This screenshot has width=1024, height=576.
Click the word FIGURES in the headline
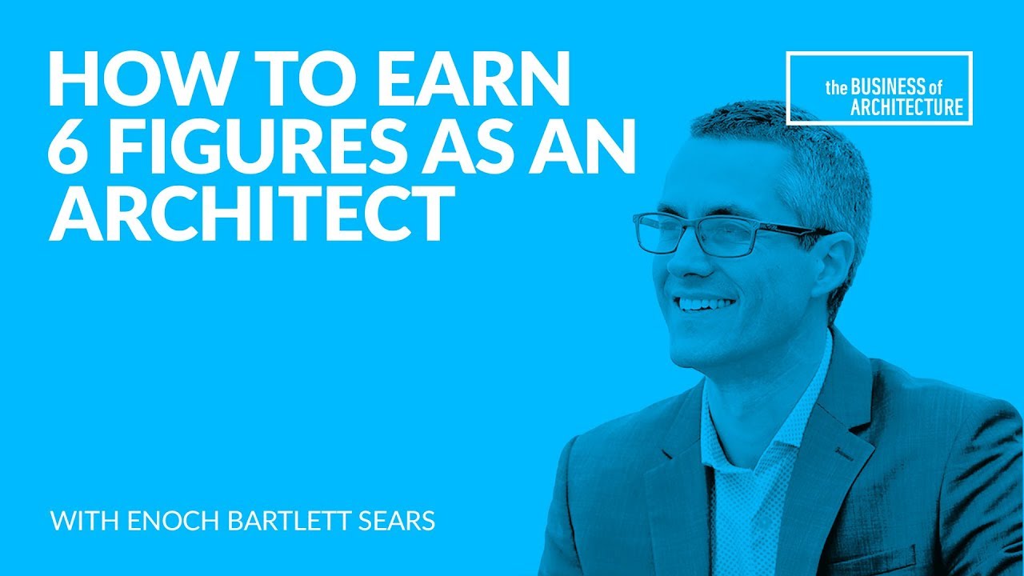tap(255, 146)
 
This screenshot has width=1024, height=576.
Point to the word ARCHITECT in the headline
tap(252, 214)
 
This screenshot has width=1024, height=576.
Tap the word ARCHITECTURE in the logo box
tap(907, 107)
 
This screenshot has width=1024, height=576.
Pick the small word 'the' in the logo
tap(836, 88)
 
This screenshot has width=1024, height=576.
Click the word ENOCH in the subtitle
tap(174, 520)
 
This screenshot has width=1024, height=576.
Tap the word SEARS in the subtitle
tap(396, 520)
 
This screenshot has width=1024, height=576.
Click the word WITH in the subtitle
tap(85, 520)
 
